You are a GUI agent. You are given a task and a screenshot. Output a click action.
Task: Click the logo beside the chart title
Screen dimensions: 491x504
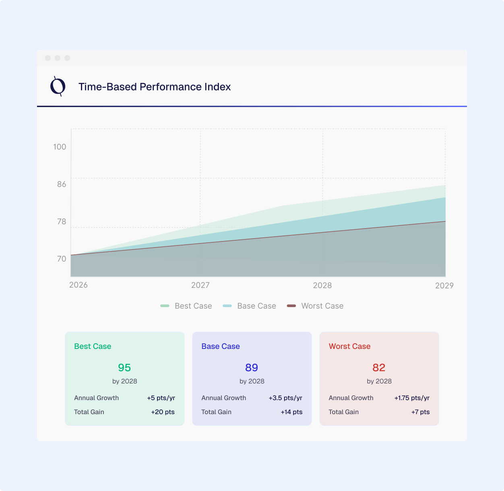pos(58,86)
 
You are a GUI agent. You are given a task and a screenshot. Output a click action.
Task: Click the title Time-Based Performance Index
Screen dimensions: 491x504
pos(155,87)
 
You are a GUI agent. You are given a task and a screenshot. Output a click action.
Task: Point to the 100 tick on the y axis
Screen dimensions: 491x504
pos(60,147)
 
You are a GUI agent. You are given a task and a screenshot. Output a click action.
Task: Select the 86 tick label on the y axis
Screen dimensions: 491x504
pos(62,184)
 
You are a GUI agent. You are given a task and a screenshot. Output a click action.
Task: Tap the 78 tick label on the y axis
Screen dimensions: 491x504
pos(62,222)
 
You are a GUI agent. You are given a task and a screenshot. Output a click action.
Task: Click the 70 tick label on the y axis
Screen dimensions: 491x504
pos(62,259)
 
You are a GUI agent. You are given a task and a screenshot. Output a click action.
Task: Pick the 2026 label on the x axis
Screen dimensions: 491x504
pos(78,285)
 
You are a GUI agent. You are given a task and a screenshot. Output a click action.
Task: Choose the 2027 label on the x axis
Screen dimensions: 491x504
pos(200,285)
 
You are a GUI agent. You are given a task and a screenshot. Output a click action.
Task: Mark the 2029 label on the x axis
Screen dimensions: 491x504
pos(444,286)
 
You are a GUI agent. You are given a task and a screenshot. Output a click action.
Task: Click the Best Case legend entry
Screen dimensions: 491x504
pos(186,306)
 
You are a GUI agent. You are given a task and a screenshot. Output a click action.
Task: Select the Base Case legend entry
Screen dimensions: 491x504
pos(250,306)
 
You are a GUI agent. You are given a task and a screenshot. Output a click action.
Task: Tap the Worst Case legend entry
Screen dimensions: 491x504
pos(315,306)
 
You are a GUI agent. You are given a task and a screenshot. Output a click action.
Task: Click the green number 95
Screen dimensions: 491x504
pos(124,367)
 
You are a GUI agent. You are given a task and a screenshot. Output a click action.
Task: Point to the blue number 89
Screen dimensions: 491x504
pos(252,367)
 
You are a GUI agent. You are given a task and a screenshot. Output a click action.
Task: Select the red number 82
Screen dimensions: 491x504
pos(379,367)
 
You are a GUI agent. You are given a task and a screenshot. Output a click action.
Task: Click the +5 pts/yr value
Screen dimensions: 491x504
pos(161,398)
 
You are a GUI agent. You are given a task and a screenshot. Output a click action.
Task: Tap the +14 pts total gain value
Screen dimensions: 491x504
pos(291,412)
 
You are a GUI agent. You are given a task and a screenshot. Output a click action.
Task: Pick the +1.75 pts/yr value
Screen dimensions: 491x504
pos(412,398)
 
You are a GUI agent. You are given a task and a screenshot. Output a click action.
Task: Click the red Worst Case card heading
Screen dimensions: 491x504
pos(349,347)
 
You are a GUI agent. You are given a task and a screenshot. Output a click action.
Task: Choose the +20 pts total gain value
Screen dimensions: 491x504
pos(163,412)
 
